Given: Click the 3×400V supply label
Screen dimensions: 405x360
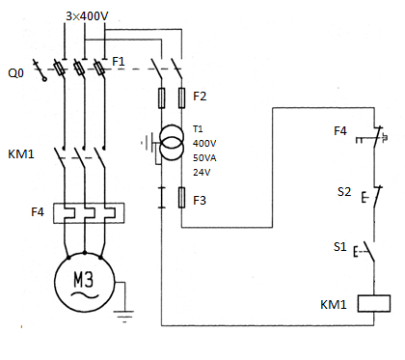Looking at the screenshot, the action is click(x=87, y=15).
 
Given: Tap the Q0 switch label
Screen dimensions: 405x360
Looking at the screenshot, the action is click(x=15, y=73).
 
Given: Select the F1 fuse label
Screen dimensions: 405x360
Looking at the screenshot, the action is click(x=119, y=61).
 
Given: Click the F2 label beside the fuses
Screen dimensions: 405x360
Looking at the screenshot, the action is click(x=200, y=97).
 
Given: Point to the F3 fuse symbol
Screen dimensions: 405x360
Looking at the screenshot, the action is click(x=181, y=197).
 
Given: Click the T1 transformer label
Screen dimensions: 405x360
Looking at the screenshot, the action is click(x=198, y=129).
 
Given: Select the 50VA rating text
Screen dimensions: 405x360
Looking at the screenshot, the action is click(x=204, y=158).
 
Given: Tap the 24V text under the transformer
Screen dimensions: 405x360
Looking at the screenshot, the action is click(x=202, y=173).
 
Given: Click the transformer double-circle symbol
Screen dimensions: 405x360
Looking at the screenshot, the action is click(x=172, y=142).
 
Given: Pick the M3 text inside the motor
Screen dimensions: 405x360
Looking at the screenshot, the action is click(x=84, y=279).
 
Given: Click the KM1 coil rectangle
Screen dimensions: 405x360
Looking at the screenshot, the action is click(x=374, y=303).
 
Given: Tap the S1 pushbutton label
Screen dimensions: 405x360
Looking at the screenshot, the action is click(x=339, y=247).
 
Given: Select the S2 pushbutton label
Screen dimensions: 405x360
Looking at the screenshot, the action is click(x=344, y=192).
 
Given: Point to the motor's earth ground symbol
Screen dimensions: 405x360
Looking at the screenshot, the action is click(x=123, y=317).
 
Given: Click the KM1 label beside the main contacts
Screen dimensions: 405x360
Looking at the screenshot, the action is click(x=21, y=154).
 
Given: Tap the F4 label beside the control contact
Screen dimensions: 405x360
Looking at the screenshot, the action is click(x=340, y=131).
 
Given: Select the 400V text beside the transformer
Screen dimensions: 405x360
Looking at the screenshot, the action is click(x=204, y=144).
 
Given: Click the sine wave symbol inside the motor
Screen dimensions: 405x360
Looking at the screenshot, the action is click(x=84, y=295).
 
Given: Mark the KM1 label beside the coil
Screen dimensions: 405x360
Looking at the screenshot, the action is click(x=334, y=304).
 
